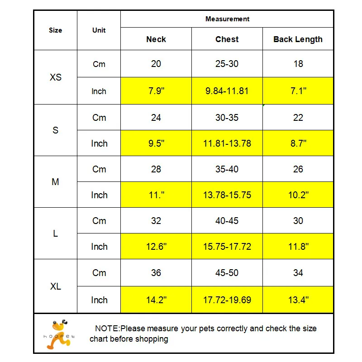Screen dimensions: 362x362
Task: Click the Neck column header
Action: click(x=156, y=39)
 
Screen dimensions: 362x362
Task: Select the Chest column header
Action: click(x=227, y=39)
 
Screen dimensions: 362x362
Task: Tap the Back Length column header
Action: click(x=298, y=39)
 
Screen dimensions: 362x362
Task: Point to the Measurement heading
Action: click(x=227, y=19)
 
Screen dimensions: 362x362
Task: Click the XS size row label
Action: click(x=56, y=77)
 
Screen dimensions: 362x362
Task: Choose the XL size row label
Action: click(x=56, y=286)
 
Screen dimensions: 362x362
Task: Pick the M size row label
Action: click(x=56, y=182)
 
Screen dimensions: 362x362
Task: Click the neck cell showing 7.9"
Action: click(x=156, y=91)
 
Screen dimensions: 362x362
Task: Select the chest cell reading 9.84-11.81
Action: click(x=227, y=91)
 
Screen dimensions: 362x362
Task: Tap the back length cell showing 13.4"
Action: click(x=298, y=300)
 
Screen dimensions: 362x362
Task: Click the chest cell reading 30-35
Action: click(x=227, y=118)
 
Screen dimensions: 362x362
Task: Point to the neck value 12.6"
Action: click(x=156, y=247)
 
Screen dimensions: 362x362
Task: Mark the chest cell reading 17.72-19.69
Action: click(x=227, y=300)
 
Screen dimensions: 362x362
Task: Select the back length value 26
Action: click(x=298, y=169)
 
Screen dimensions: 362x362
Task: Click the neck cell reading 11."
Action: click(x=156, y=195)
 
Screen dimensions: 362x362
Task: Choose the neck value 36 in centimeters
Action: click(x=156, y=273)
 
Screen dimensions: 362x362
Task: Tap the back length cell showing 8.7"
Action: click(x=298, y=143)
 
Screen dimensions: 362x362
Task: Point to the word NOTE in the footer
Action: click(x=107, y=329)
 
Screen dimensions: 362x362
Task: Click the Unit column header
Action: click(x=99, y=30)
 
